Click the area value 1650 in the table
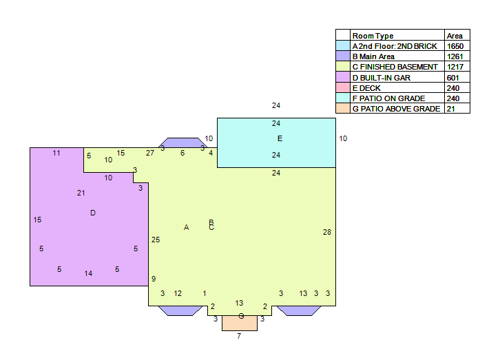tap(455, 46)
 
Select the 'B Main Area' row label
tap(373, 56)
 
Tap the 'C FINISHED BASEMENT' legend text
tap(395, 67)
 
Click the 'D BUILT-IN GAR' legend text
tap(382, 78)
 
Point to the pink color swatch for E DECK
tap(343, 87)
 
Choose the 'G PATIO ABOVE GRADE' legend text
tap(397, 109)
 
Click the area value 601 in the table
tap(452, 78)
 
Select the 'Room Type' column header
tap(373, 36)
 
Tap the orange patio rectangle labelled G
tap(240, 323)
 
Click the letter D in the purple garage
tap(93, 213)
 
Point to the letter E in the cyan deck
tap(280, 138)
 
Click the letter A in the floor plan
tap(186, 227)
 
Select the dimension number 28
tap(327, 232)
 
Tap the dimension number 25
tap(156, 240)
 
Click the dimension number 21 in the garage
tap(81, 193)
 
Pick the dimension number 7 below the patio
tap(239, 336)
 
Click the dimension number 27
tap(150, 153)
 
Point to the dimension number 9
tap(154, 279)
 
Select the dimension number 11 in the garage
tap(56, 153)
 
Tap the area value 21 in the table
tap(450, 109)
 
